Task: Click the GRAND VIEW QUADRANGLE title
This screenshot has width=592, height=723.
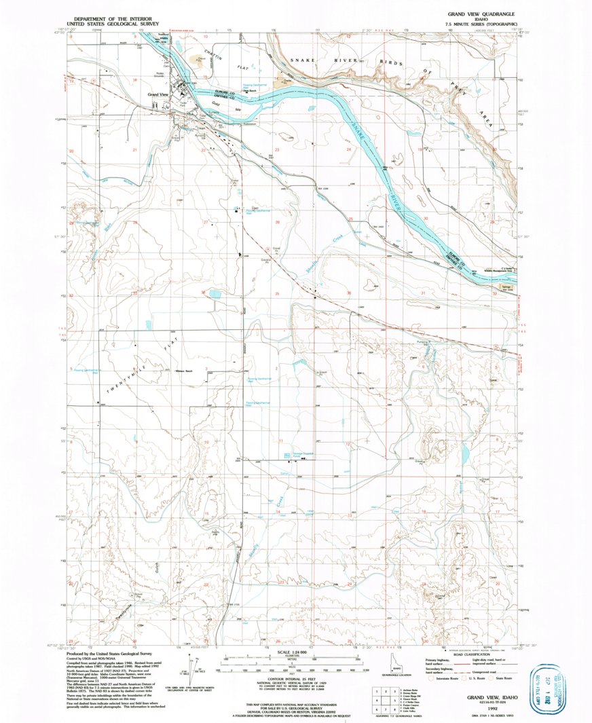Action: click(481, 14)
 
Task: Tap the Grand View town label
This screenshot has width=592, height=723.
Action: click(158, 94)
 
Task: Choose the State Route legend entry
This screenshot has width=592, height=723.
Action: click(500, 678)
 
